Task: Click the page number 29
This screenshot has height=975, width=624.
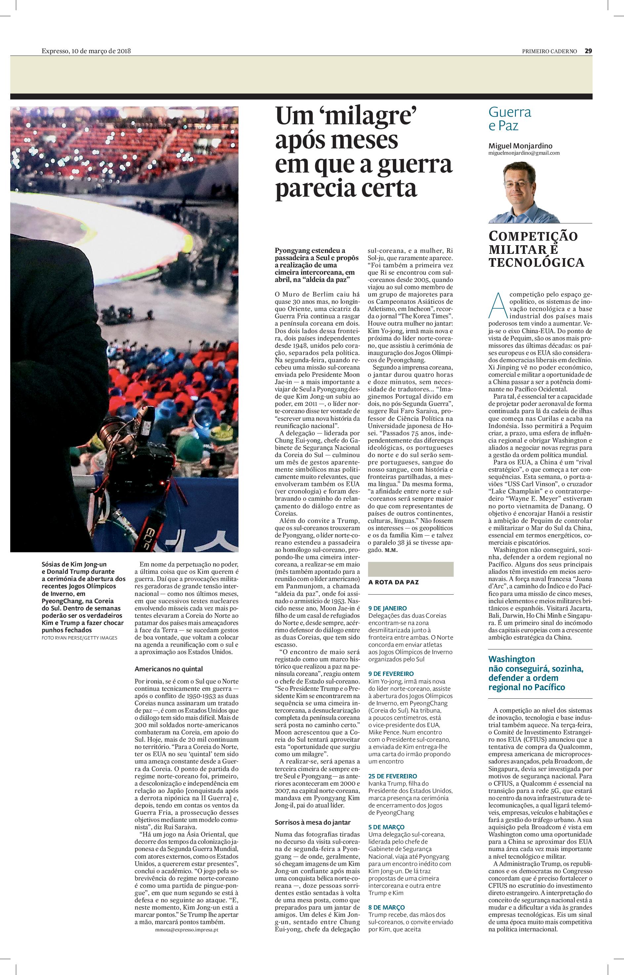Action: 588,51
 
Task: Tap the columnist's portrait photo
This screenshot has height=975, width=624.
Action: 525,192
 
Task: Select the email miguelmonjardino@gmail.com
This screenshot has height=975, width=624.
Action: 524,153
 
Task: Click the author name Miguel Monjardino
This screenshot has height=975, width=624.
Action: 520,146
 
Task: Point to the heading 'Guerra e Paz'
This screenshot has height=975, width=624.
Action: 509,119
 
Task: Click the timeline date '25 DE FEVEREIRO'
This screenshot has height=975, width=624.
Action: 393,776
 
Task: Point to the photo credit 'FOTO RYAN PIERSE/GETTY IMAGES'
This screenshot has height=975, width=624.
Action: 79,638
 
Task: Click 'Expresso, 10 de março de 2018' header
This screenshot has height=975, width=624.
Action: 86,51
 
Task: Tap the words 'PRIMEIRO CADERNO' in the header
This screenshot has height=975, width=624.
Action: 549,51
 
